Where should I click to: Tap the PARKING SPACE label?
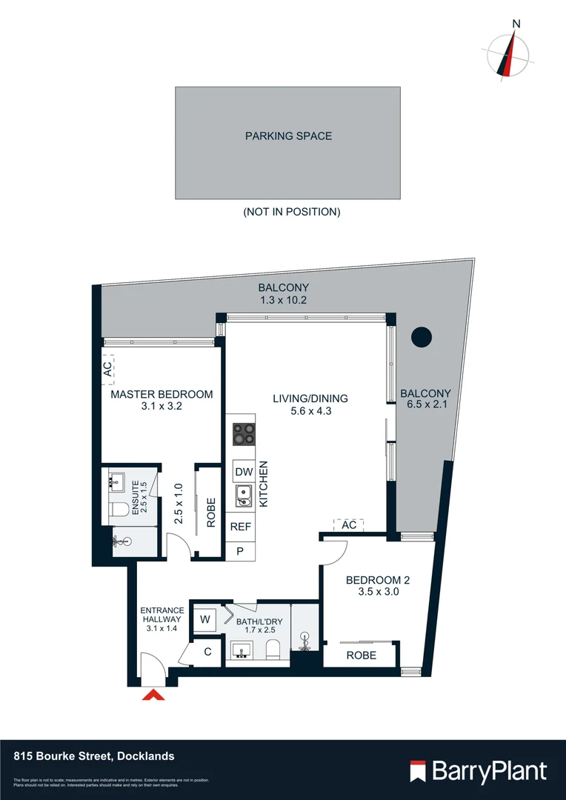click(288, 136)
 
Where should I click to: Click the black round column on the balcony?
click(422, 337)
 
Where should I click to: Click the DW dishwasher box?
click(243, 472)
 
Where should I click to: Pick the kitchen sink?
click(243, 497)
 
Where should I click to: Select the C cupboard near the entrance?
click(207, 652)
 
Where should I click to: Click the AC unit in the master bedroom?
click(107, 367)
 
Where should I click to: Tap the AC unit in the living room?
click(350, 524)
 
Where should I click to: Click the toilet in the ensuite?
click(116, 510)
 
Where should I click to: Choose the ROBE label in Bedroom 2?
click(362, 655)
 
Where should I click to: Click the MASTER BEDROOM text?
click(162, 395)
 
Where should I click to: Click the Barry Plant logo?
click(479, 771)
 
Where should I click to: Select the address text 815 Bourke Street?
click(94, 756)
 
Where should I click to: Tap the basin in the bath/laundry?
click(241, 651)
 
